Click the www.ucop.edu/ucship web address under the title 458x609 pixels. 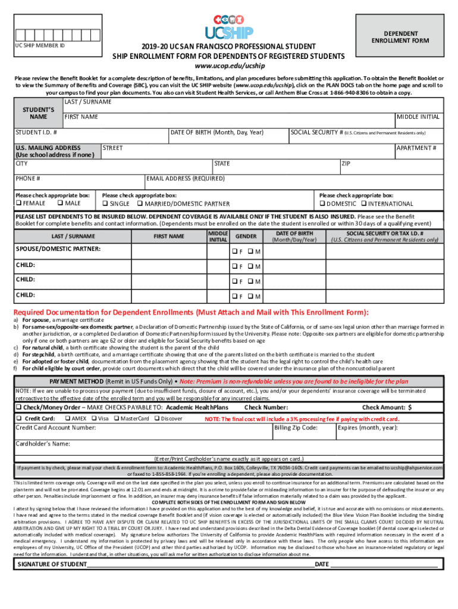(229, 65)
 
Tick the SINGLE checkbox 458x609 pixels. (105, 204)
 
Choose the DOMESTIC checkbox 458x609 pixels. (322, 204)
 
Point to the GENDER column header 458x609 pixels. (246, 237)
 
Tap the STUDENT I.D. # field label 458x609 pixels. (36, 132)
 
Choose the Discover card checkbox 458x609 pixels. (156, 419)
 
